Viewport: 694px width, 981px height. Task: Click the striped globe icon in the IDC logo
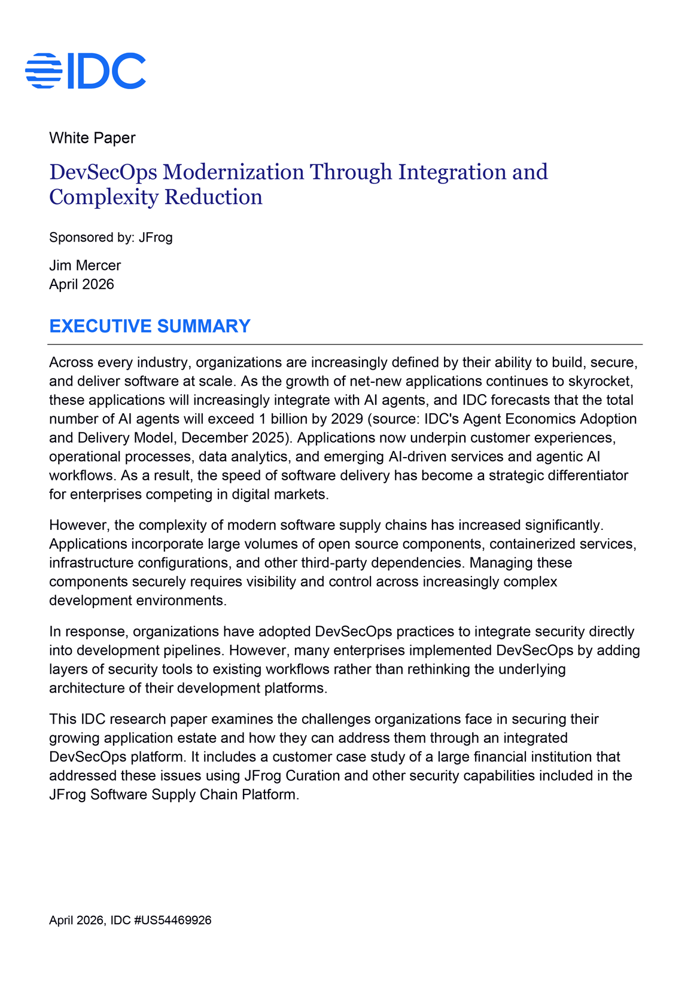pyautogui.click(x=44, y=71)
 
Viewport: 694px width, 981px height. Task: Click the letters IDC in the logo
pyautogui.click(x=106, y=71)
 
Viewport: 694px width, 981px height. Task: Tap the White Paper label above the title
pyautogui.click(x=92, y=138)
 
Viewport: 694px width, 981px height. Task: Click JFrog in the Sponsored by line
pyautogui.click(x=156, y=237)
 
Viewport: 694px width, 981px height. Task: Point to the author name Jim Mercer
pyautogui.click(x=85, y=266)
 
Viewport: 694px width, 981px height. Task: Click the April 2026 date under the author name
pyautogui.click(x=81, y=284)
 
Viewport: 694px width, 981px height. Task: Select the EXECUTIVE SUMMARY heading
pyautogui.click(x=150, y=326)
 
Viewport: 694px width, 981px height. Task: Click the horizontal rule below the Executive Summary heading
pyautogui.click(x=345, y=345)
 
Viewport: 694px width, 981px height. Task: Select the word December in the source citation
pyautogui.click(x=209, y=438)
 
